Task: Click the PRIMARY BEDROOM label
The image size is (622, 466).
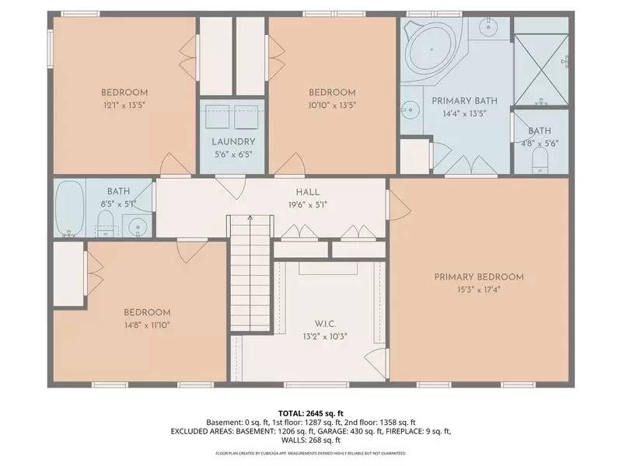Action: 478,277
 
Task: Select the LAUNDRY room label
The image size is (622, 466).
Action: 233,141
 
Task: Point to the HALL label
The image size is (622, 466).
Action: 307,192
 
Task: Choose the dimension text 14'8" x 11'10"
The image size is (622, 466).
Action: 146,325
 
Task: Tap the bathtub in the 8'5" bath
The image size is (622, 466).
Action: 70,208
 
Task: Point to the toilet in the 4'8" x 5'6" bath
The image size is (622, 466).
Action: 541,162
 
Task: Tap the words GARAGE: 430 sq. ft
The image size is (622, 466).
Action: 362,430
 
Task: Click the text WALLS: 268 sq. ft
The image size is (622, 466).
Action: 310,440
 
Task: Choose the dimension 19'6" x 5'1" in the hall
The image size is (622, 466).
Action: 307,205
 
